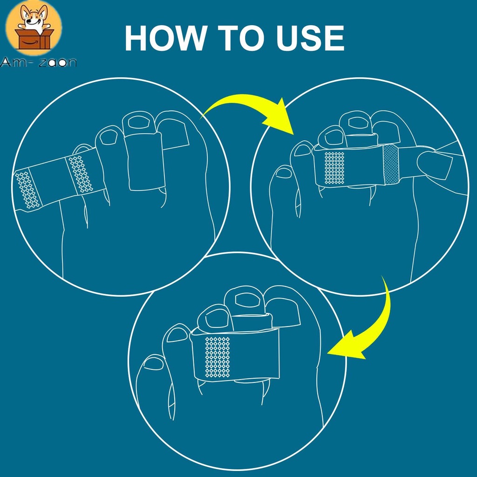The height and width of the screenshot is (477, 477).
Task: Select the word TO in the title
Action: [241, 38]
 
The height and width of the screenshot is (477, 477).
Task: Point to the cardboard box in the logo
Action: [34, 39]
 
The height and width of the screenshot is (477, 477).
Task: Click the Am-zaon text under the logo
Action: [38, 62]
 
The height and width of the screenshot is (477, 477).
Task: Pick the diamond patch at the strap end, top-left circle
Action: [27, 190]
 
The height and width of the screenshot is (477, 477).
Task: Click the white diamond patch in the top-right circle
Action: [334, 168]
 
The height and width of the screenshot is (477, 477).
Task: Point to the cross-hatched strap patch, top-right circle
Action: [391, 164]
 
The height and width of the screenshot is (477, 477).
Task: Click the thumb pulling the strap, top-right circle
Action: [435, 164]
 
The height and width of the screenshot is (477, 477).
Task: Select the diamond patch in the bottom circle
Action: [218, 357]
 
